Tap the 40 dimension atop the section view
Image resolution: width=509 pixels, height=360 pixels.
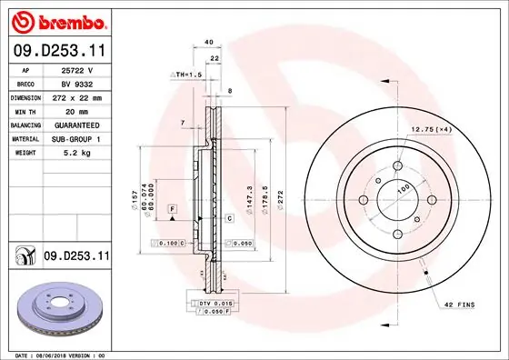[208, 43]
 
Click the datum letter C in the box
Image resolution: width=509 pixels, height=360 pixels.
[230, 218]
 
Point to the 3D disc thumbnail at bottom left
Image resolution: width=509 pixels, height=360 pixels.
[56, 306]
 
